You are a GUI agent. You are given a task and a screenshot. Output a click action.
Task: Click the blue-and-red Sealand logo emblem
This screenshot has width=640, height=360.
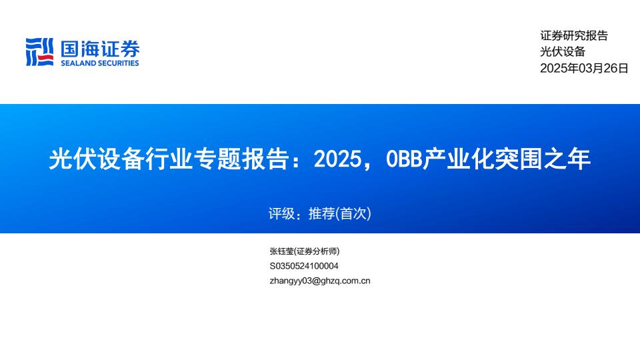(x=39, y=52)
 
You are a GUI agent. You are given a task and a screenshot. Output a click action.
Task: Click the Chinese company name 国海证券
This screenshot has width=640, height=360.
(x=100, y=49)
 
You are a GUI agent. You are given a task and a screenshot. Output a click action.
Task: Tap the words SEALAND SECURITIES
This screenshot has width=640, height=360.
(x=100, y=63)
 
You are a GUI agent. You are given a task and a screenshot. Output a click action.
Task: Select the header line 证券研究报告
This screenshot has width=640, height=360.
(x=574, y=35)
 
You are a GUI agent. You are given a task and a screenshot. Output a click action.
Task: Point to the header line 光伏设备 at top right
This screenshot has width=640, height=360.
(x=563, y=51)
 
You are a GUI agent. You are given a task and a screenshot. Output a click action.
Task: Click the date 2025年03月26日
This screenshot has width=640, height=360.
(x=584, y=68)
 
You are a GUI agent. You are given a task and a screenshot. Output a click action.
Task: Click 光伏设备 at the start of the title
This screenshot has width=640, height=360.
(x=95, y=159)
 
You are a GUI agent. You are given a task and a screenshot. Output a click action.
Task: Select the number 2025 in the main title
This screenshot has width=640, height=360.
(x=337, y=159)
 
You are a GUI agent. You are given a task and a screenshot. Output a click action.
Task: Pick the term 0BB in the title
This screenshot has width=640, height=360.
(x=404, y=159)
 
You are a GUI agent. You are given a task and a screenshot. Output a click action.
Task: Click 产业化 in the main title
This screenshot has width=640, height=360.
(x=457, y=159)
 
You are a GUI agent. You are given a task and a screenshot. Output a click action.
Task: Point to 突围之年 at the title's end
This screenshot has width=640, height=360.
(x=543, y=159)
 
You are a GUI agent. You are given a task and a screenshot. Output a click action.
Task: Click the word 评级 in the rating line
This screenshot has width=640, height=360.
(x=281, y=213)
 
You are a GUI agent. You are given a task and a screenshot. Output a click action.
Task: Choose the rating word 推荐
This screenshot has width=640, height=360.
(x=321, y=213)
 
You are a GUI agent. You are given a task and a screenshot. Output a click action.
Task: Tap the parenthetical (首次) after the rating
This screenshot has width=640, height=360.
(x=353, y=213)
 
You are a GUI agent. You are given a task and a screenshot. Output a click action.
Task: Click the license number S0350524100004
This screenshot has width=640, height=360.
(x=304, y=266)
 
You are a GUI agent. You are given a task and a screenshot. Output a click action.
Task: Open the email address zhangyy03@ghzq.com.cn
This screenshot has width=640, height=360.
(x=320, y=281)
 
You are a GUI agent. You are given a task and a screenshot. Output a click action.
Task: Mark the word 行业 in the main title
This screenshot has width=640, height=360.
(x=168, y=159)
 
